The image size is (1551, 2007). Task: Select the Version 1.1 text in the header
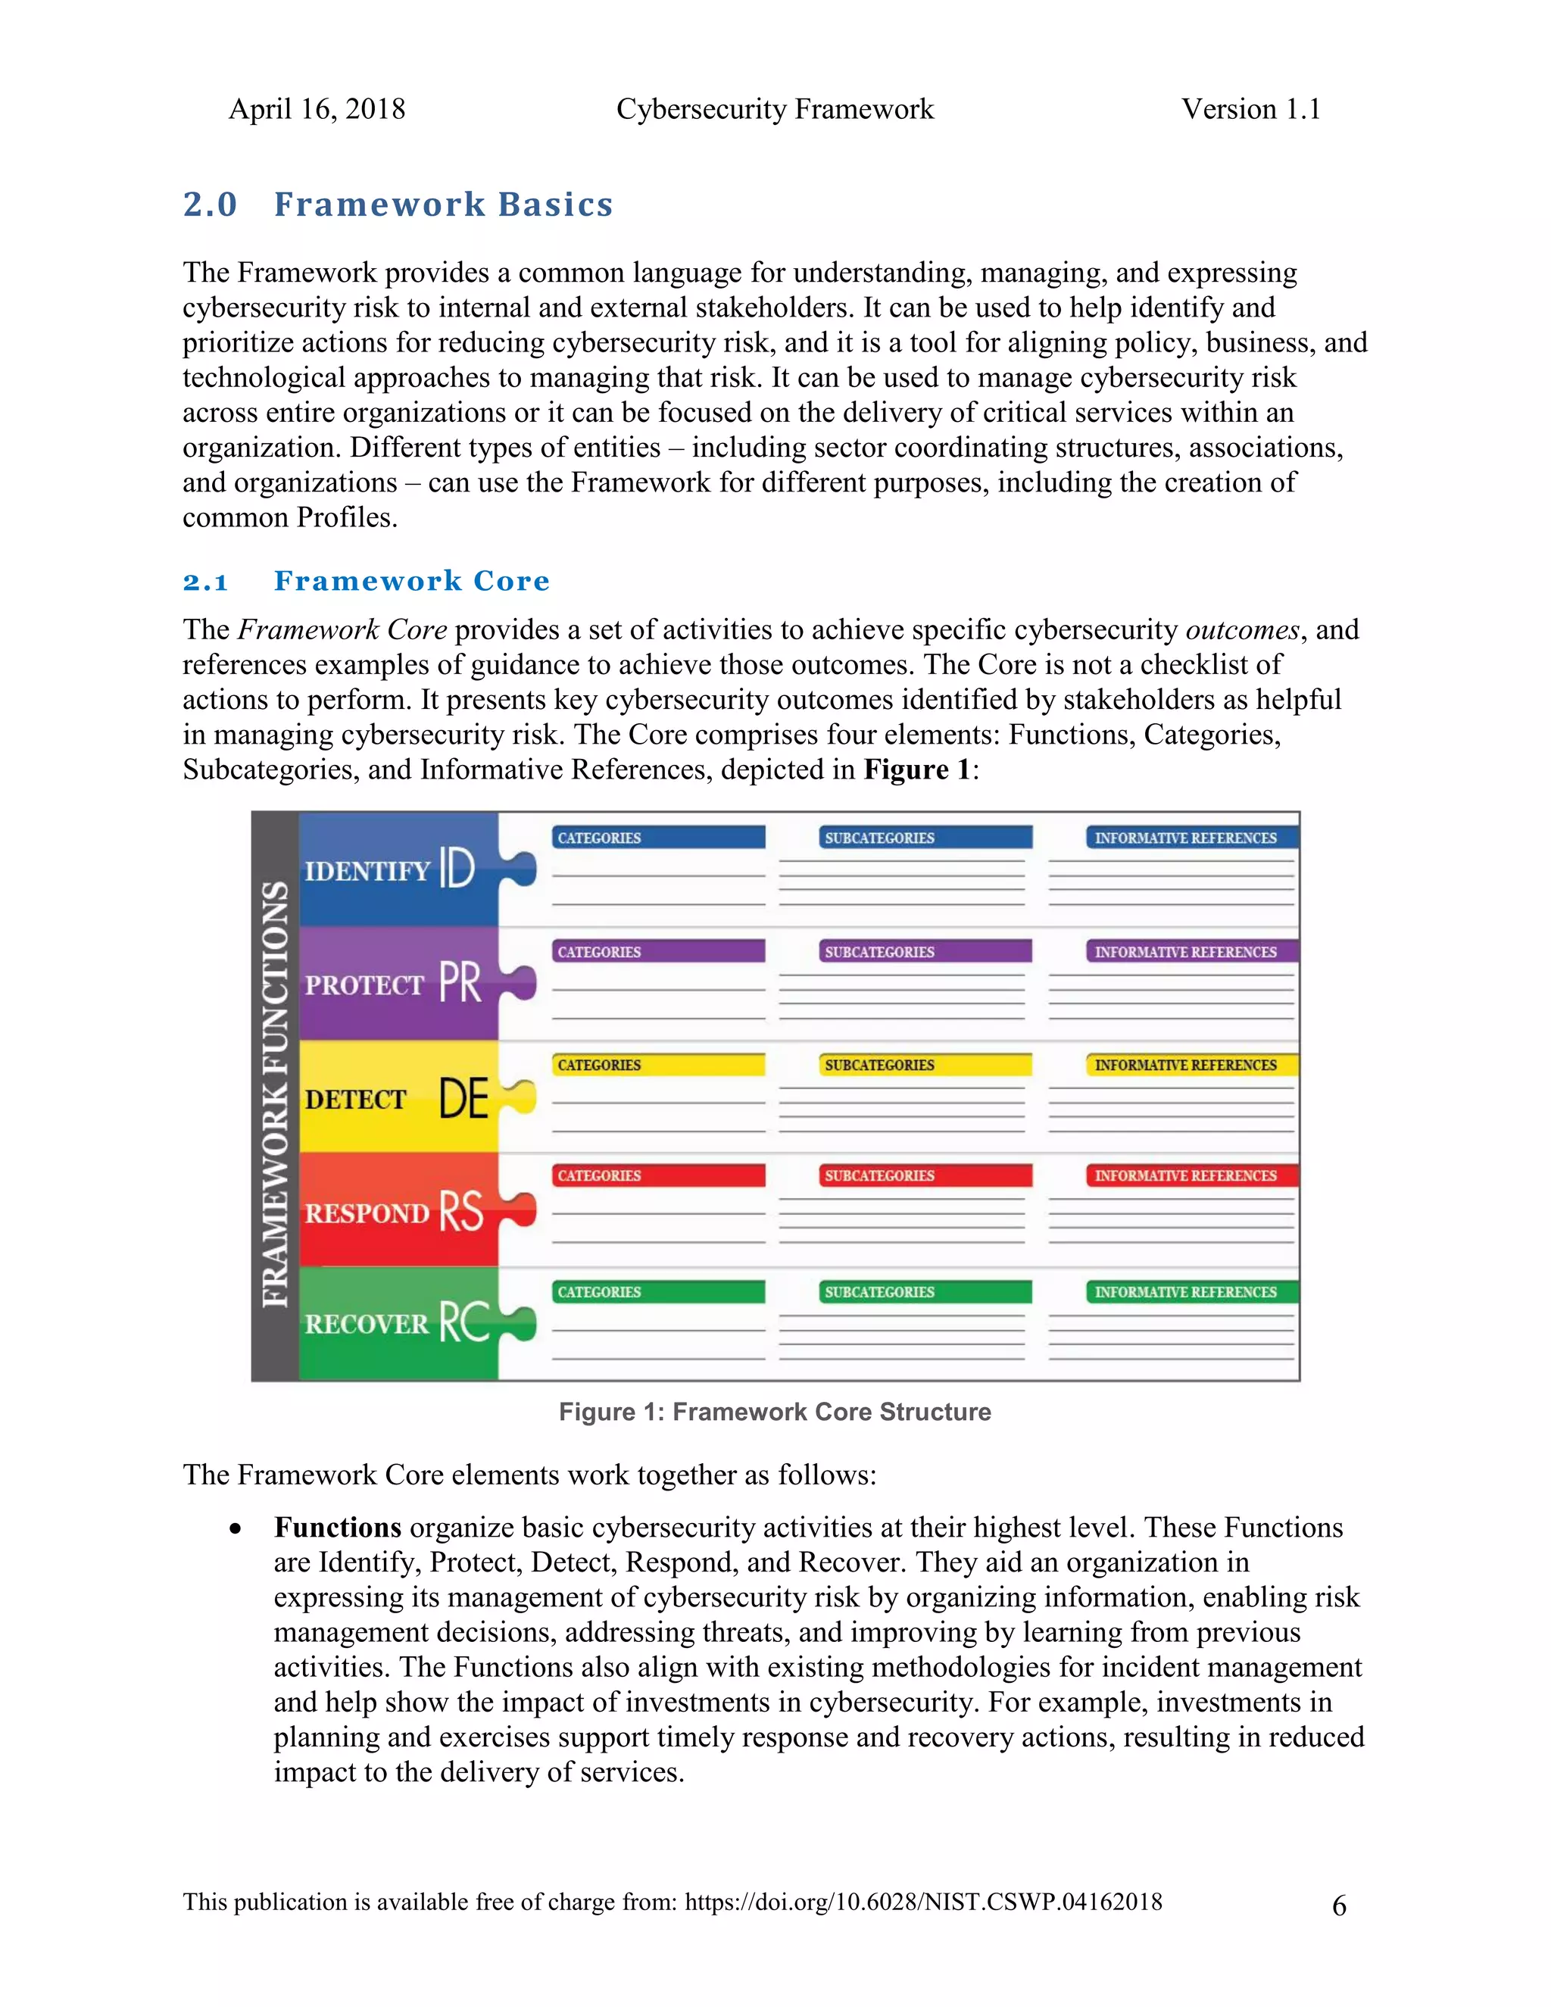point(1250,109)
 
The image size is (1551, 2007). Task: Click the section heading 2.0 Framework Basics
point(398,204)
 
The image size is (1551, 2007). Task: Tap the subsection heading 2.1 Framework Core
point(366,581)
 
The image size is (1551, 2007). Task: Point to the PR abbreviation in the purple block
point(460,982)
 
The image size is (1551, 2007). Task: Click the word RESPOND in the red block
point(367,1213)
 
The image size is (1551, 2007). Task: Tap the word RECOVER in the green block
point(367,1324)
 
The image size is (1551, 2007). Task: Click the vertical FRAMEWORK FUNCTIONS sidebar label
point(275,1094)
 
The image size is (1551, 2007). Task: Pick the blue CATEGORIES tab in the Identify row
point(658,837)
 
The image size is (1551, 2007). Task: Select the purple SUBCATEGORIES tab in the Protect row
point(925,951)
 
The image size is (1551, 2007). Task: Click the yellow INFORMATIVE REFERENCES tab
point(1192,1065)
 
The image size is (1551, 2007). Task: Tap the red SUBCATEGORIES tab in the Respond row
point(925,1175)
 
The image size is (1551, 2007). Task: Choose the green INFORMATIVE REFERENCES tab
point(1192,1292)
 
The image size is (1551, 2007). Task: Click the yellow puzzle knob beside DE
point(522,1097)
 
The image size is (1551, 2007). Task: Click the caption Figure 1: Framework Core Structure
point(775,1412)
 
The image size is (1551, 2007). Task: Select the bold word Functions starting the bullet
point(337,1528)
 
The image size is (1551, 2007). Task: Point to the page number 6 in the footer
point(1339,1905)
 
